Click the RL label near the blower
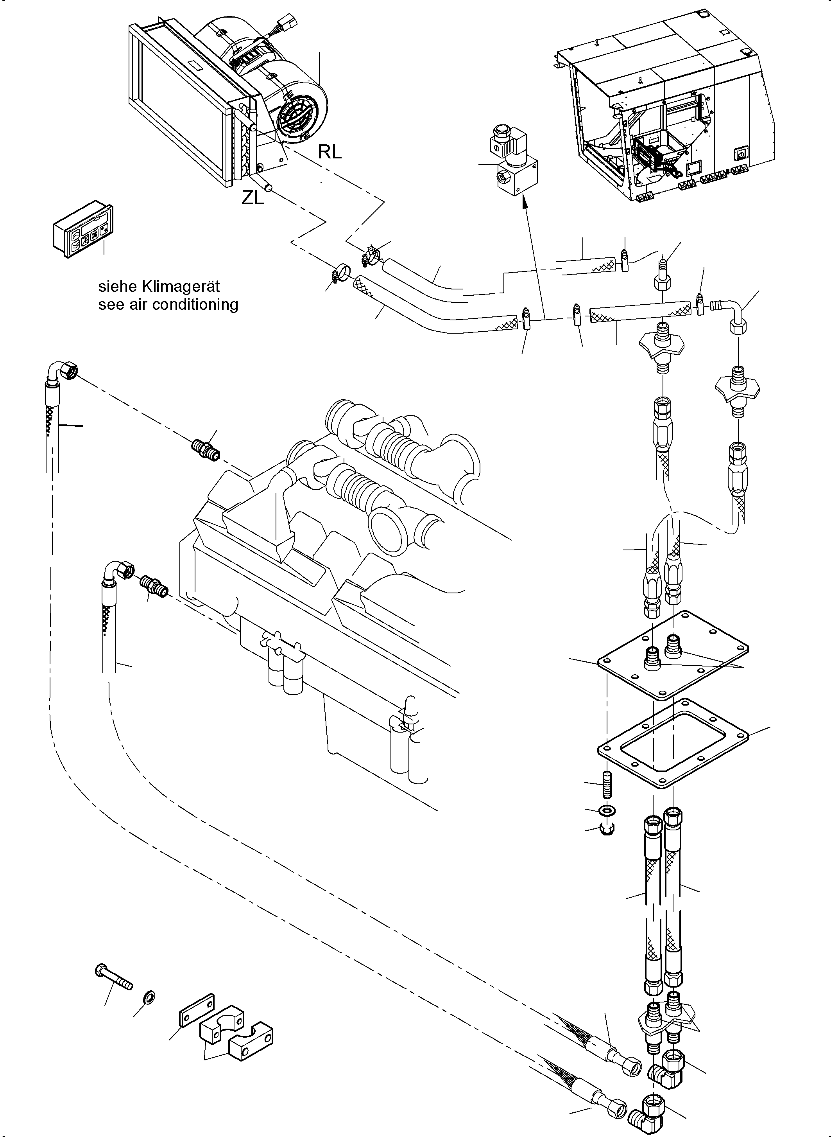coord(330,151)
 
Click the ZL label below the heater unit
coord(252,198)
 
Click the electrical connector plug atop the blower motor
coord(289,23)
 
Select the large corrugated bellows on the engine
coord(357,488)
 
